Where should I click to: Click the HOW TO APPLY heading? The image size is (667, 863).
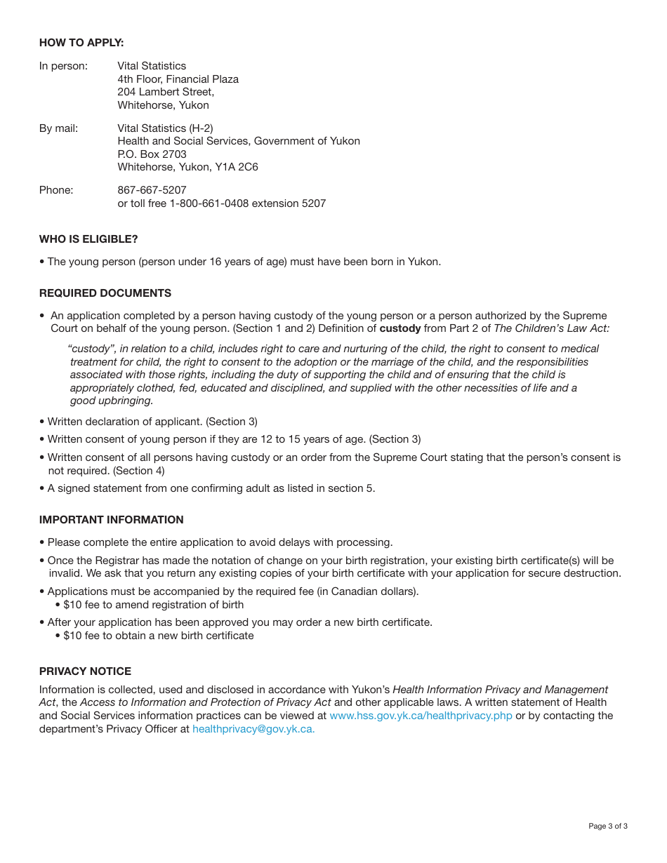point(81,43)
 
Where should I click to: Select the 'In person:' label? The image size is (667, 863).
point(63,66)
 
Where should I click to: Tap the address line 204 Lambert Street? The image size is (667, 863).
point(166,92)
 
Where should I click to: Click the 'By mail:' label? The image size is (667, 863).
point(58,128)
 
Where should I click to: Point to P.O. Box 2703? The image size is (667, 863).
point(152,154)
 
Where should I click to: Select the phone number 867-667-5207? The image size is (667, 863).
point(152,190)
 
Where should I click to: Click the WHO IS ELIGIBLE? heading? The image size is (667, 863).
point(88,239)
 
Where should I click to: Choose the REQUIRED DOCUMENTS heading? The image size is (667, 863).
point(105,293)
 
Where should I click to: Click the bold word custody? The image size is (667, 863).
point(400,328)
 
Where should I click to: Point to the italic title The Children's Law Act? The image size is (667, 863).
point(552,328)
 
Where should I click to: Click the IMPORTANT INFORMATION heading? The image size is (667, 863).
point(111,520)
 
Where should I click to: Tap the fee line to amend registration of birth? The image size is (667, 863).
point(153,605)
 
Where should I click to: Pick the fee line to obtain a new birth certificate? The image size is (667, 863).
point(158,636)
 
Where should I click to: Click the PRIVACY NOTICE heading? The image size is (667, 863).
point(85,671)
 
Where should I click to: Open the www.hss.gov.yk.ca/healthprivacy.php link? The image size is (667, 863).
point(421,716)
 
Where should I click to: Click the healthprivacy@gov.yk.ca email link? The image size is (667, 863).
point(253,729)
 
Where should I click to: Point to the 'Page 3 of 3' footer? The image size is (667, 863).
point(607,826)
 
